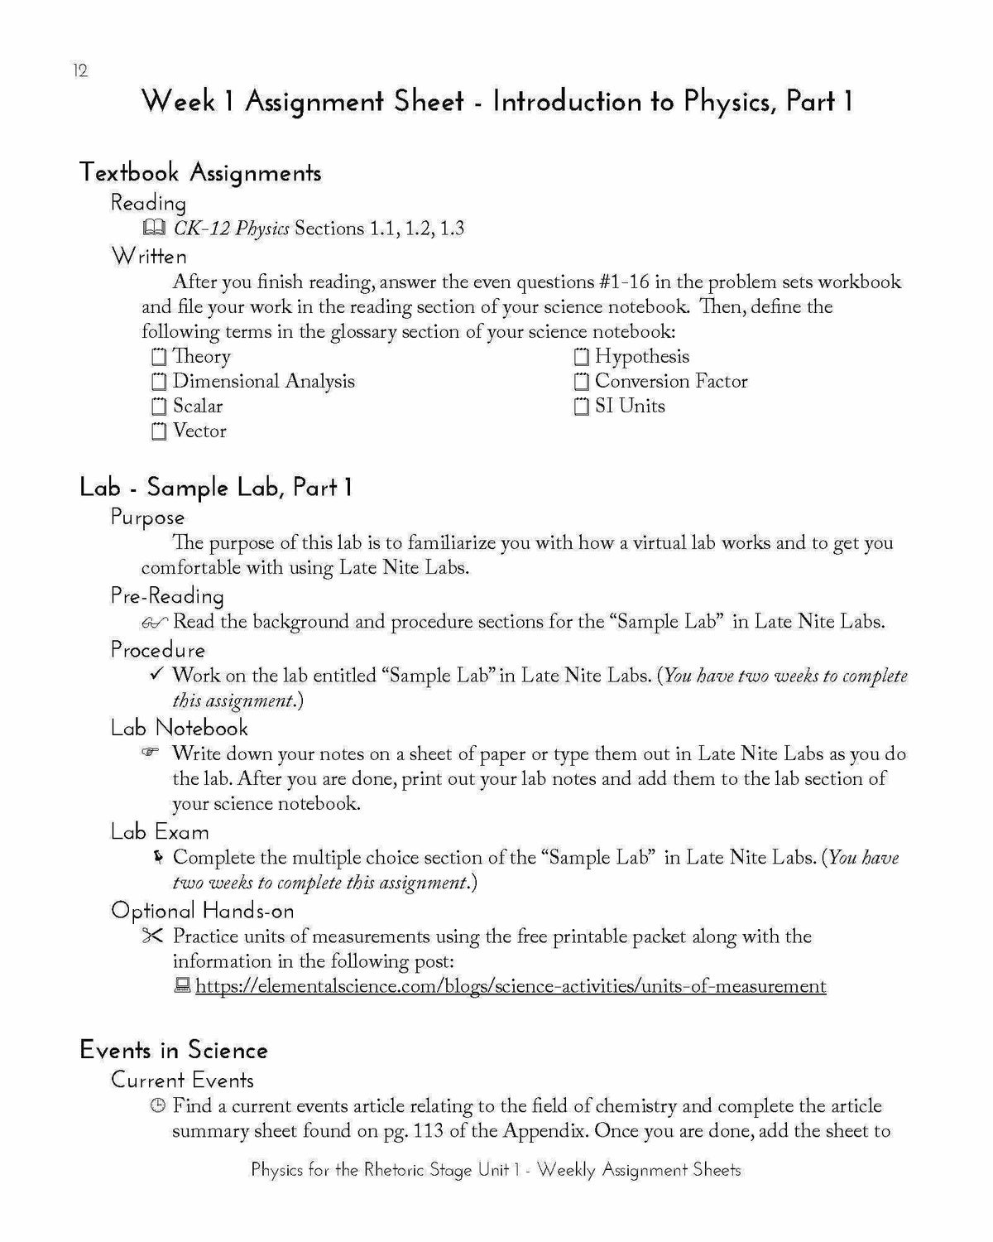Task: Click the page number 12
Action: pos(79,71)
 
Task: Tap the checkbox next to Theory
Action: pos(159,358)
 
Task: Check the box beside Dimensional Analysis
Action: pos(159,383)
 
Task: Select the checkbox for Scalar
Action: pos(159,407)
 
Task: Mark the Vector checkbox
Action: pos(159,432)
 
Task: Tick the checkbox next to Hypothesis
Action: pos(581,358)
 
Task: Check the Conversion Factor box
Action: pos(581,383)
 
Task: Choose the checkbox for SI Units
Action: pos(581,407)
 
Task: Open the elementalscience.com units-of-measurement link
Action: pos(511,986)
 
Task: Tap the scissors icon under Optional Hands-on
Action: pos(154,936)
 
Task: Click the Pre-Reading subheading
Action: pos(167,596)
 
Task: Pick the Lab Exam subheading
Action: pos(160,831)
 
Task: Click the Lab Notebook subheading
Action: pos(180,728)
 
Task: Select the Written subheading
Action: pos(149,256)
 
